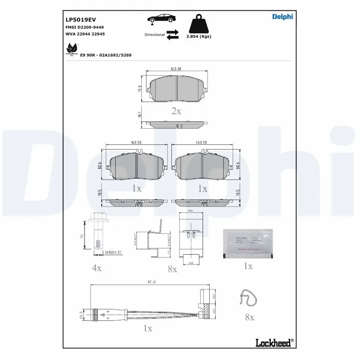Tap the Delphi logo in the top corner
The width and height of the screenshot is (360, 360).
(x=282, y=17)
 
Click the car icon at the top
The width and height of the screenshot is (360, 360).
(x=161, y=19)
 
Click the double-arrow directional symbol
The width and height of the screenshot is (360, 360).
(x=173, y=35)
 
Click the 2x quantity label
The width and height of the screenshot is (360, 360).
(x=176, y=111)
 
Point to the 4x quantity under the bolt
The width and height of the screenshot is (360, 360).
(x=97, y=268)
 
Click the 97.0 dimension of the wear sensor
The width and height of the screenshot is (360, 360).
(x=151, y=282)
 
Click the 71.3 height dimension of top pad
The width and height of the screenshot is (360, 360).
(x=140, y=90)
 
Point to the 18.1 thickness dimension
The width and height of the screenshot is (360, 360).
(x=140, y=115)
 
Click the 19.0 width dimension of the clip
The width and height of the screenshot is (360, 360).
(x=190, y=210)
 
